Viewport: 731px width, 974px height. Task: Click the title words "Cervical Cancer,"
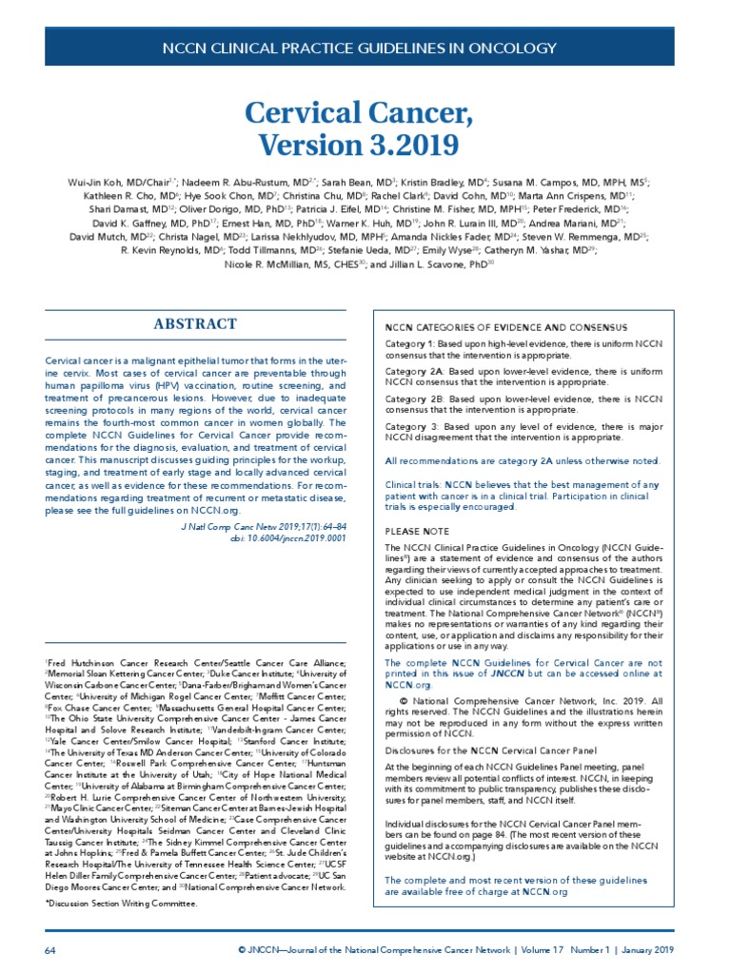click(x=365, y=113)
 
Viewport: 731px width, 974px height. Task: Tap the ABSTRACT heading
click(x=195, y=324)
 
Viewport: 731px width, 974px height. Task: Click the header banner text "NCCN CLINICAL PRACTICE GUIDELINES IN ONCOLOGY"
click(x=365, y=47)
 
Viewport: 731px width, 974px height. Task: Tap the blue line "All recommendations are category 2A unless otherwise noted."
click(x=521, y=460)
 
